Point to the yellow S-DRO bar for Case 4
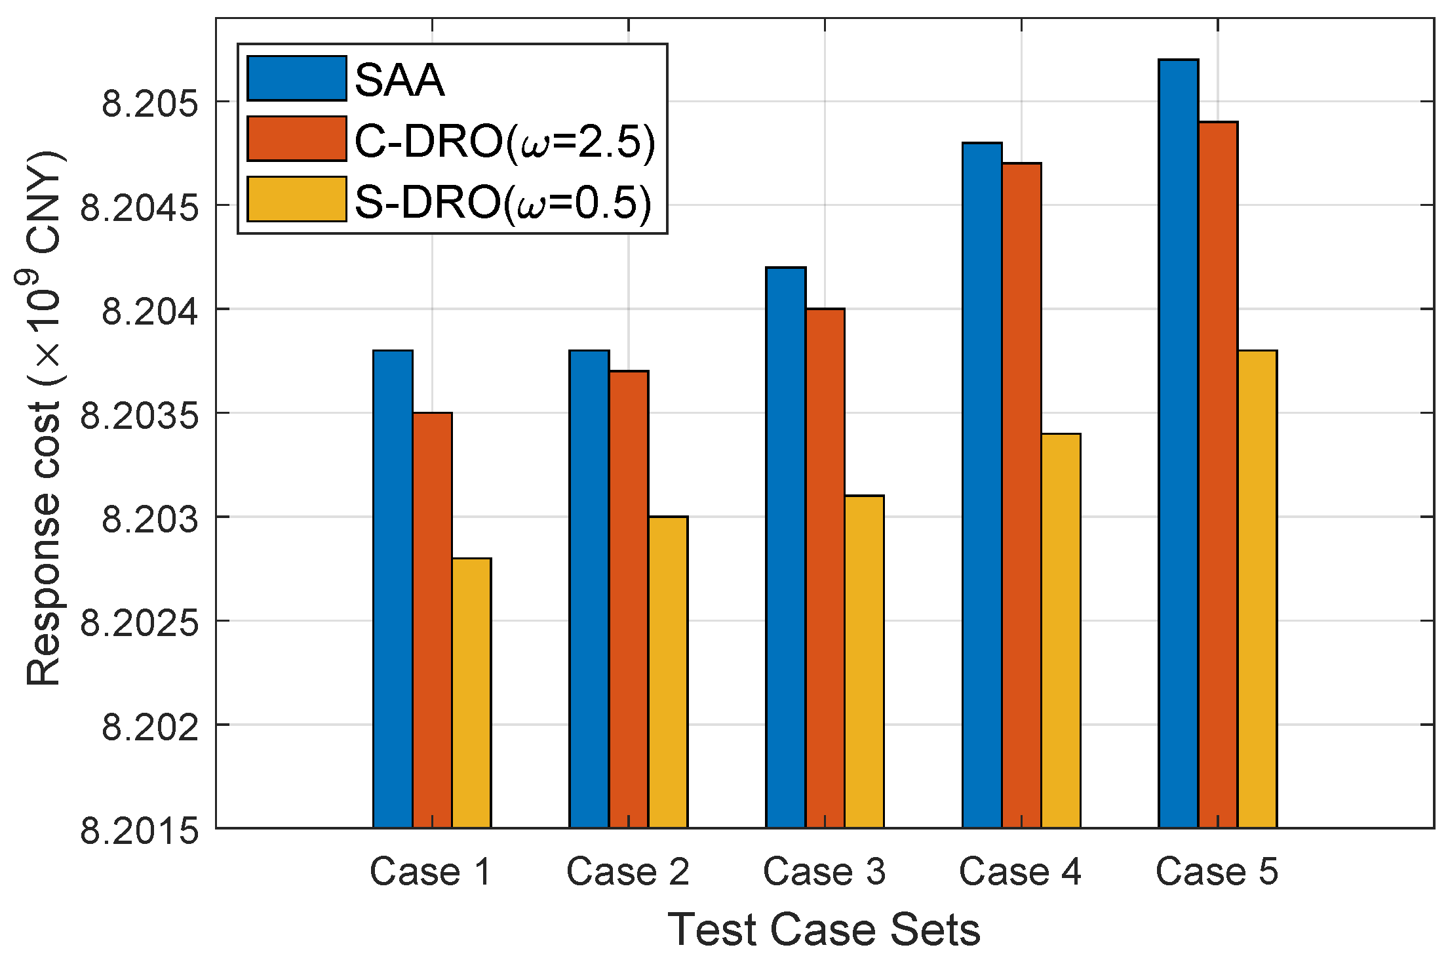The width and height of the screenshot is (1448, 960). point(1061,630)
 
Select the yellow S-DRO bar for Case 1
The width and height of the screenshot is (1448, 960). point(471,692)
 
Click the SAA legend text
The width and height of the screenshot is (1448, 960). point(399,81)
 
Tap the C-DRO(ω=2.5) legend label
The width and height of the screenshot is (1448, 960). point(504,141)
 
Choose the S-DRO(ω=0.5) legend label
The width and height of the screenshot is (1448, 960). point(503,201)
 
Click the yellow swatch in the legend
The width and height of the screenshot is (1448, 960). point(296,199)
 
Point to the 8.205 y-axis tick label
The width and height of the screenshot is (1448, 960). point(149,104)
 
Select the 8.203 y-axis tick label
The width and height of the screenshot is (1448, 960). point(149,519)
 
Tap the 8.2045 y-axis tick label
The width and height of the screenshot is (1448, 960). point(139,208)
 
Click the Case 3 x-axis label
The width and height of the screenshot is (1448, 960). point(824,872)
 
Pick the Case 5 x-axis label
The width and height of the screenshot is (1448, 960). point(1217,872)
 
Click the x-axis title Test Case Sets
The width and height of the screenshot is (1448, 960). point(824,930)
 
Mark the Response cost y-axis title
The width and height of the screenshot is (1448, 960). point(45,420)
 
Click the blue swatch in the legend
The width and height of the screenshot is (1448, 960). point(296,79)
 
